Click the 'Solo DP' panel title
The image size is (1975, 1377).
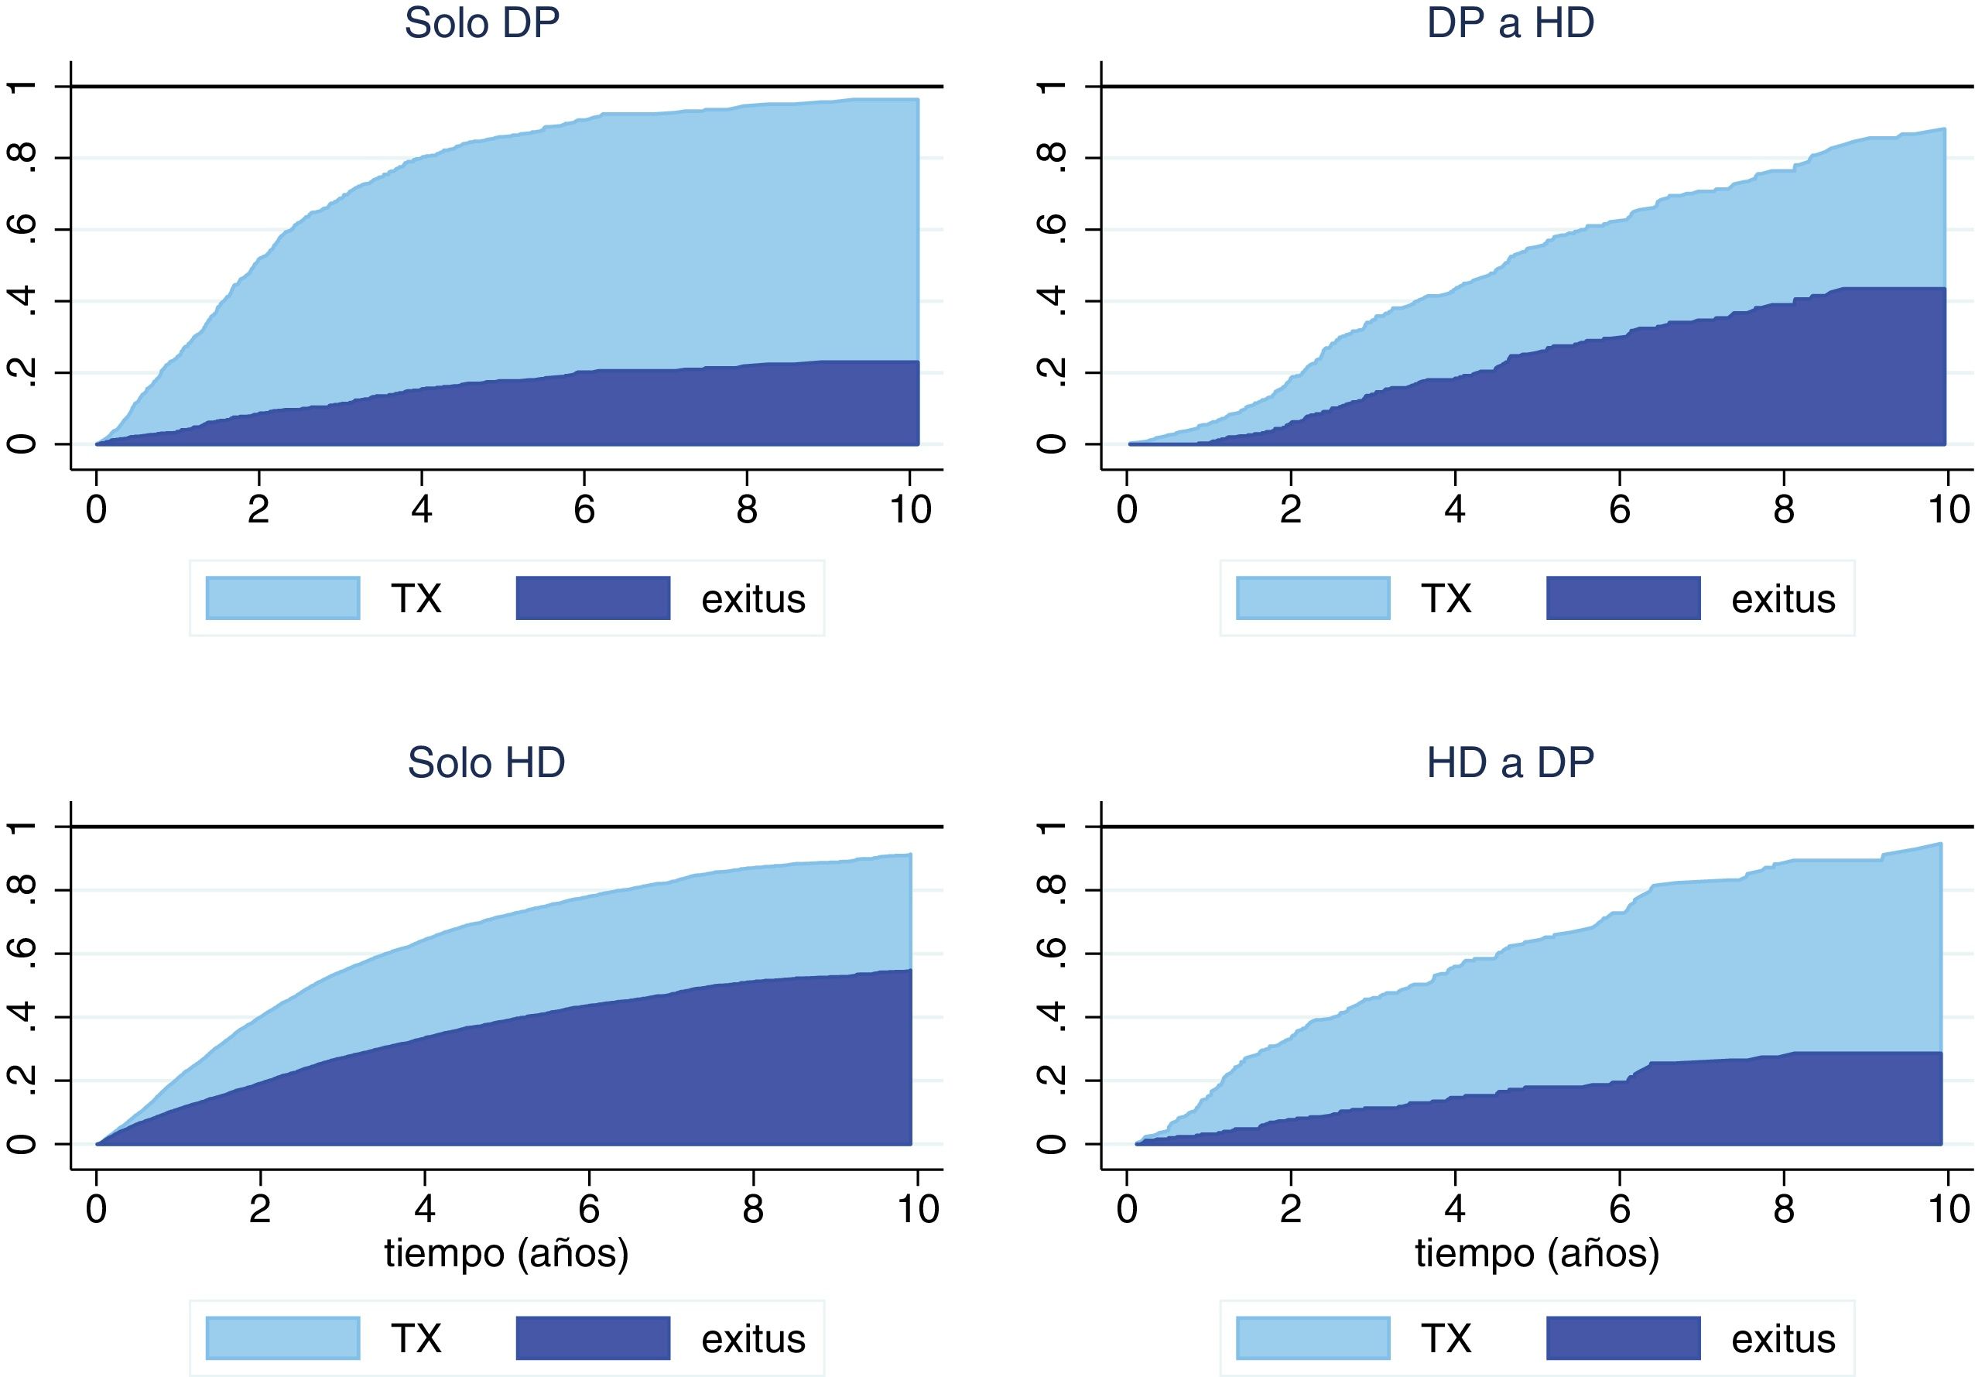(481, 23)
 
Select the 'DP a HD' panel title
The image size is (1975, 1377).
(1510, 23)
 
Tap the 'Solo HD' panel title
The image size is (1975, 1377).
(486, 762)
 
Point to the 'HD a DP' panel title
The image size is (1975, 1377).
(1510, 762)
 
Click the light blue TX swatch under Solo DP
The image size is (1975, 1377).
(283, 598)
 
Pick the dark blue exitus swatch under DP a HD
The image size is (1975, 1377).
(1623, 598)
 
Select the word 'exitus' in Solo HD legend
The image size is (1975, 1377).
(753, 1338)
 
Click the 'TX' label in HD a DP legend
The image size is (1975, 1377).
(1445, 1338)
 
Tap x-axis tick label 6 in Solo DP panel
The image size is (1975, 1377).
(584, 510)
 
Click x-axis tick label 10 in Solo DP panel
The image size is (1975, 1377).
(910, 510)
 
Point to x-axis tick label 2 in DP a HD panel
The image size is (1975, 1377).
(1290, 510)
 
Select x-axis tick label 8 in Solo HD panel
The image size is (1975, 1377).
(753, 1209)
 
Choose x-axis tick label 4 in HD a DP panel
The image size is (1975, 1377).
(1455, 1209)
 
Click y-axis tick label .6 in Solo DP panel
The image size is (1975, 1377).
(23, 229)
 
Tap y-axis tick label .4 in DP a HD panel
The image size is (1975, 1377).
(1051, 300)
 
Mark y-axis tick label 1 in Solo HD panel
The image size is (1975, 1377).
(23, 827)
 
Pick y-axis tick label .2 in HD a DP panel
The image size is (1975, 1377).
(1051, 1081)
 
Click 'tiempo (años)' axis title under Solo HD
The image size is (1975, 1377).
(506, 1252)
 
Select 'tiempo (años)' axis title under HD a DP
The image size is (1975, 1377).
(1536, 1252)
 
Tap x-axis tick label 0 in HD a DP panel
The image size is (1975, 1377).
(1127, 1209)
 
